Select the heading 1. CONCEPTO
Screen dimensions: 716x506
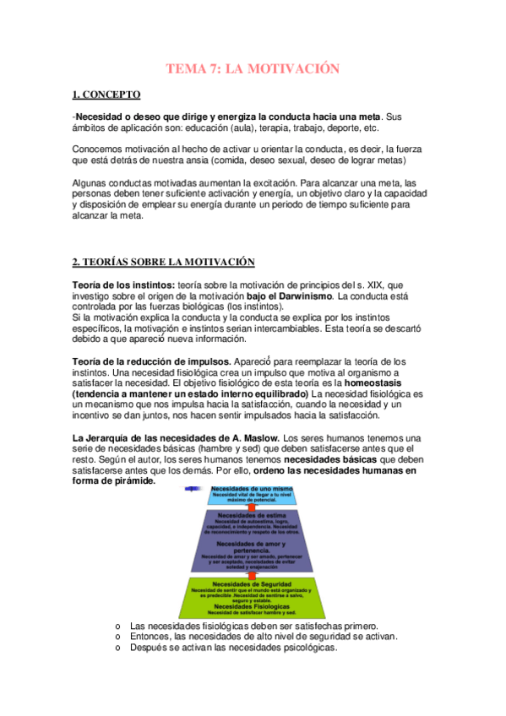(106, 95)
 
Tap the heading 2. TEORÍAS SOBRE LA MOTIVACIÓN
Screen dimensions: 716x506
(163, 263)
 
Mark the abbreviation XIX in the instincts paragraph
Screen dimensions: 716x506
(356, 286)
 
